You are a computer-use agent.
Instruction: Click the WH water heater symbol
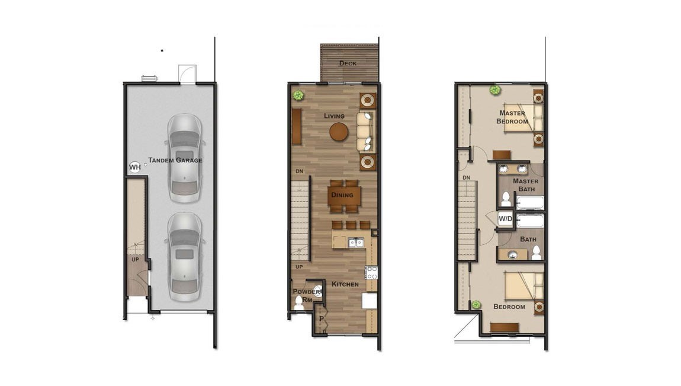134,167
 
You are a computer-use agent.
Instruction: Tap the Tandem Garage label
175,160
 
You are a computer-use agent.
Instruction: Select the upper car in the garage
185,158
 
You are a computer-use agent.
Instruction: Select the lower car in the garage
185,257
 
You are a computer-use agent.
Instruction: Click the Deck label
348,63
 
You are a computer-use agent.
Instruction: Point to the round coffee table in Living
339,132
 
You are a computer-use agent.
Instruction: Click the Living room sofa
365,132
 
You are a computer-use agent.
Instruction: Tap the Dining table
344,196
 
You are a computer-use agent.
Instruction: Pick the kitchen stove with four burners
372,273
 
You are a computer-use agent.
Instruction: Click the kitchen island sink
356,243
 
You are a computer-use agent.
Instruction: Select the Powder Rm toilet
299,302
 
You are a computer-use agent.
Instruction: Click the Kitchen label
345,284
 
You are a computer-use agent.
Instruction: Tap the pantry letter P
322,319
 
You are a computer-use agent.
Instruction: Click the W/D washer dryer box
505,219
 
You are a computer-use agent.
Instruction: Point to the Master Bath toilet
506,199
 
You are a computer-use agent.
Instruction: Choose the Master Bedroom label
512,117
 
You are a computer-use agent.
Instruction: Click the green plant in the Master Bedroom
494,90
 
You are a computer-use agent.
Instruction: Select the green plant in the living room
298,95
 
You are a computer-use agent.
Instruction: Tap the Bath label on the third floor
528,239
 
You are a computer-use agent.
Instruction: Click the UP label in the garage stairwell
136,260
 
